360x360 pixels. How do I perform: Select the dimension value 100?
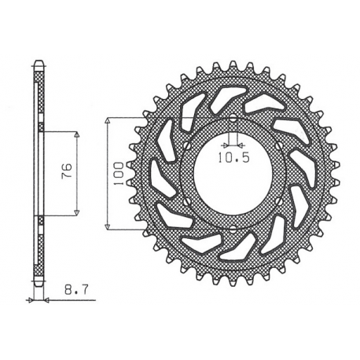coord(116,173)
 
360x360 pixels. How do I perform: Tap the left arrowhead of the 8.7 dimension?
coord(32,299)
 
